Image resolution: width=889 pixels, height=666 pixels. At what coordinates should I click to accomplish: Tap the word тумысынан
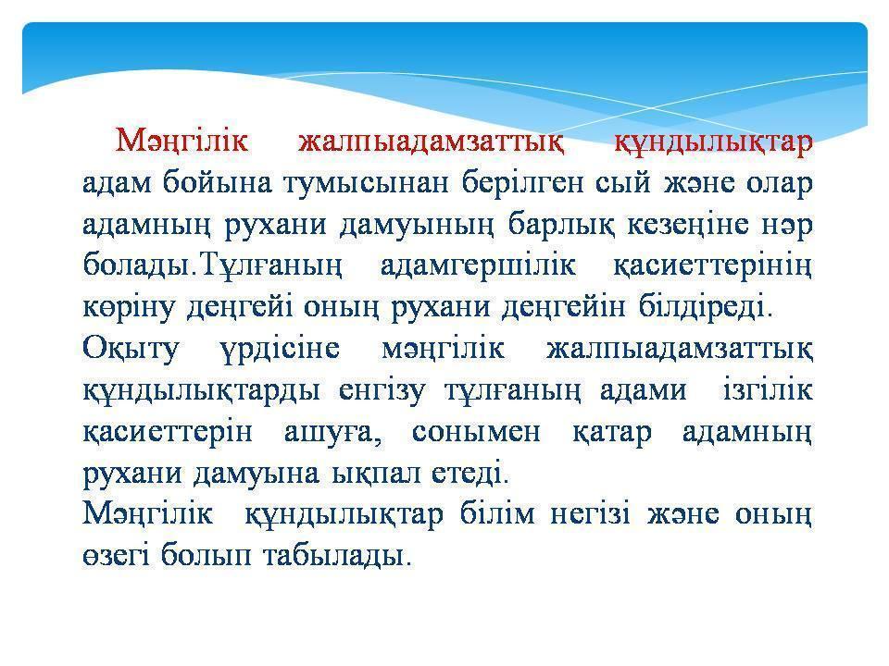(x=366, y=183)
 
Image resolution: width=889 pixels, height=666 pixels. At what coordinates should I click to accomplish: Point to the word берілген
(x=522, y=184)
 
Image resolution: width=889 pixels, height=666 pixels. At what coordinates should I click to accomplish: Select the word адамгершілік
(x=478, y=266)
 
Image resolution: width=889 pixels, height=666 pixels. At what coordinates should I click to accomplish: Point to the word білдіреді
(x=706, y=307)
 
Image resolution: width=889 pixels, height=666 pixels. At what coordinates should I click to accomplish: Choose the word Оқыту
(x=131, y=349)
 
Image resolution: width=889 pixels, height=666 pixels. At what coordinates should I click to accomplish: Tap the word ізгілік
(x=768, y=390)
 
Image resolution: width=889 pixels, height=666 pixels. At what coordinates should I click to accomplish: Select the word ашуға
(x=332, y=433)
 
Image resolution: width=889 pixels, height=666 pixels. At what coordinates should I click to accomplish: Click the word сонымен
(x=476, y=433)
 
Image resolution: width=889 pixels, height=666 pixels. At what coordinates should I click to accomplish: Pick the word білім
(x=497, y=514)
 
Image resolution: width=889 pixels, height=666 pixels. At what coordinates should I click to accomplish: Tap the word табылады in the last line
(x=337, y=556)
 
